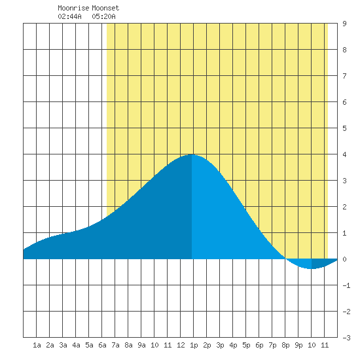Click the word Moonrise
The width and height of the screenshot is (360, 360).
click(73, 8)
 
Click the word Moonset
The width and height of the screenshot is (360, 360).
click(105, 8)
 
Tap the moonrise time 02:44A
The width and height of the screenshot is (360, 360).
click(69, 16)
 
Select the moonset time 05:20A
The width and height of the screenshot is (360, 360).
click(104, 16)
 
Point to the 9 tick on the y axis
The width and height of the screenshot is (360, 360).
click(344, 24)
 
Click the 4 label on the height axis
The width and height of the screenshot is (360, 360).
click(344, 154)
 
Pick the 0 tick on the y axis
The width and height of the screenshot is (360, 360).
click(344, 259)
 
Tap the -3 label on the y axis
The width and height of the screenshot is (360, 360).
click(346, 338)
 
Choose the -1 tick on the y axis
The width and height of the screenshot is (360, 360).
click(346, 285)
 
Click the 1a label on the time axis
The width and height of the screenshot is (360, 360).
click(37, 345)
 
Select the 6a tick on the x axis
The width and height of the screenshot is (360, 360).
click(102, 345)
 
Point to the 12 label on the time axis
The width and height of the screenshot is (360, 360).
click(181, 345)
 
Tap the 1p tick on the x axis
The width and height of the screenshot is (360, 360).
click(194, 345)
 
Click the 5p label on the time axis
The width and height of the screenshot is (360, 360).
click(246, 345)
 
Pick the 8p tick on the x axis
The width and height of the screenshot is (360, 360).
click(285, 345)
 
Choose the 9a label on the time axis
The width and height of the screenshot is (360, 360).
click(141, 345)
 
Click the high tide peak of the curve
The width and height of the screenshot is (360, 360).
click(192, 154)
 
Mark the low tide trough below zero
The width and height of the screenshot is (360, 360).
click(312, 268)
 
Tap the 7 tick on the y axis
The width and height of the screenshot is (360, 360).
click(344, 76)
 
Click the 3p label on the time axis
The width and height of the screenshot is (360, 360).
click(220, 345)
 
